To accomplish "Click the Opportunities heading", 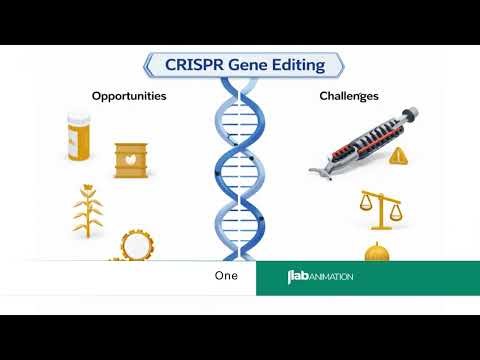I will click(x=129, y=96).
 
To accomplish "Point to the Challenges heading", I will click(x=348, y=96).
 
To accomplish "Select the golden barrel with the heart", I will click(x=131, y=160).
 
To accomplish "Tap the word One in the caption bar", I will click(x=227, y=276).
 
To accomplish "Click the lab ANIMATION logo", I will click(x=320, y=277).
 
